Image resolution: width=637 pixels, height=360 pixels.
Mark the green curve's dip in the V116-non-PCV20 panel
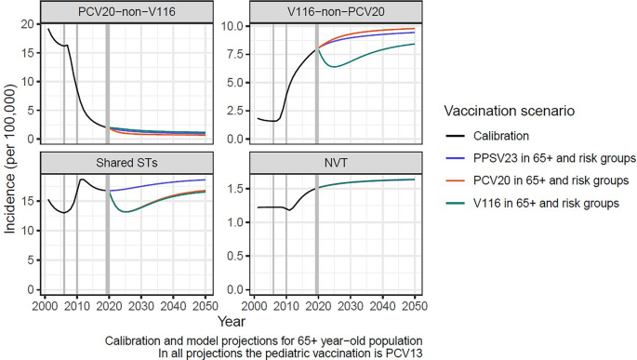(x=337, y=67)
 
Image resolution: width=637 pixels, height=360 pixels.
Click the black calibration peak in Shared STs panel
(x=83, y=180)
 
